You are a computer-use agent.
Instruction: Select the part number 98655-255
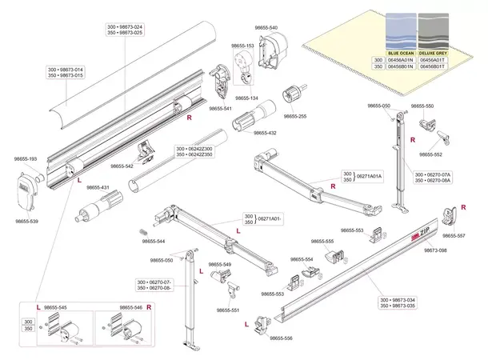tap(297, 117)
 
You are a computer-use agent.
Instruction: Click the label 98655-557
tap(455, 236)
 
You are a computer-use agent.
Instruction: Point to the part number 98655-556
tap(281, 338)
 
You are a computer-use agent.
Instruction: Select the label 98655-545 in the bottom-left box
tap(55, 307)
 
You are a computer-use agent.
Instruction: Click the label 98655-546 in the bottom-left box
tap(130, 307)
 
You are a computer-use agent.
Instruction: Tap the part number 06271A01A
tap(369, 176)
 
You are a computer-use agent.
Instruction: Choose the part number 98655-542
tap(122, 166)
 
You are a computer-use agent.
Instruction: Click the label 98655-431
tap(98, 187)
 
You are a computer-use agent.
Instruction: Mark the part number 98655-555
tap(322, 241)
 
